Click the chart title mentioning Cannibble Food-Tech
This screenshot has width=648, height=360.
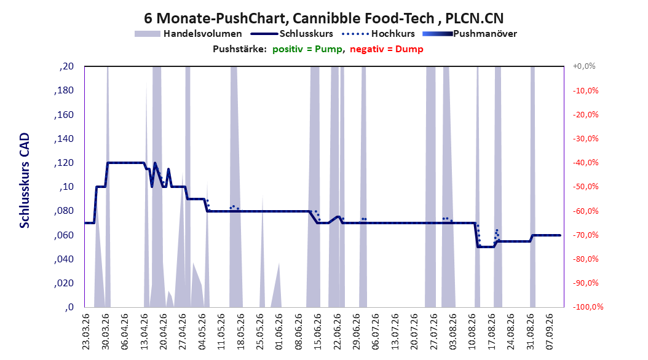pos(323,18)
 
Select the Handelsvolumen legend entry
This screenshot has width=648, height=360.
pos(188,34)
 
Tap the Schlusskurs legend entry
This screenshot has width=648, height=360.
pos(292,34)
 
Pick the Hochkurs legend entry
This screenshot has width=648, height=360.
pos(378,34)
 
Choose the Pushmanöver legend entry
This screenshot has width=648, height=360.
pos(470,34)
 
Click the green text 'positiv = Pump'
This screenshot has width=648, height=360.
pos(307,49)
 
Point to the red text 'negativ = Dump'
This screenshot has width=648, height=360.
pos(387,49)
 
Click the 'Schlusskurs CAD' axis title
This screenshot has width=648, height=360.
pos(25,181)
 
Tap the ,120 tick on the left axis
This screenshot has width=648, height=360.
pos(64,163)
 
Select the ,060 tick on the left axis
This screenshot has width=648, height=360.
pos(64,235)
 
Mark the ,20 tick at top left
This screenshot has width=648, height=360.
pos(66,66)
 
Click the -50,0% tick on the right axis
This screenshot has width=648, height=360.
pos(585,187)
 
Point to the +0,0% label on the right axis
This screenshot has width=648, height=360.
pos(584,66)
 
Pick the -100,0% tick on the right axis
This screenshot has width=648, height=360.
pos(588,307)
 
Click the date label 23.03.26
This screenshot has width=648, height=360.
pos(85,332)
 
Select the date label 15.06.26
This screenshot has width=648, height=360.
pos(317,332)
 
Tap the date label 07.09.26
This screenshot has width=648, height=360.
pos(549,332)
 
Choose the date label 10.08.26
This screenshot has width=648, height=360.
pos(472,332)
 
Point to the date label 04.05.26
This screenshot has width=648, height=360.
pos(202,332)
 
